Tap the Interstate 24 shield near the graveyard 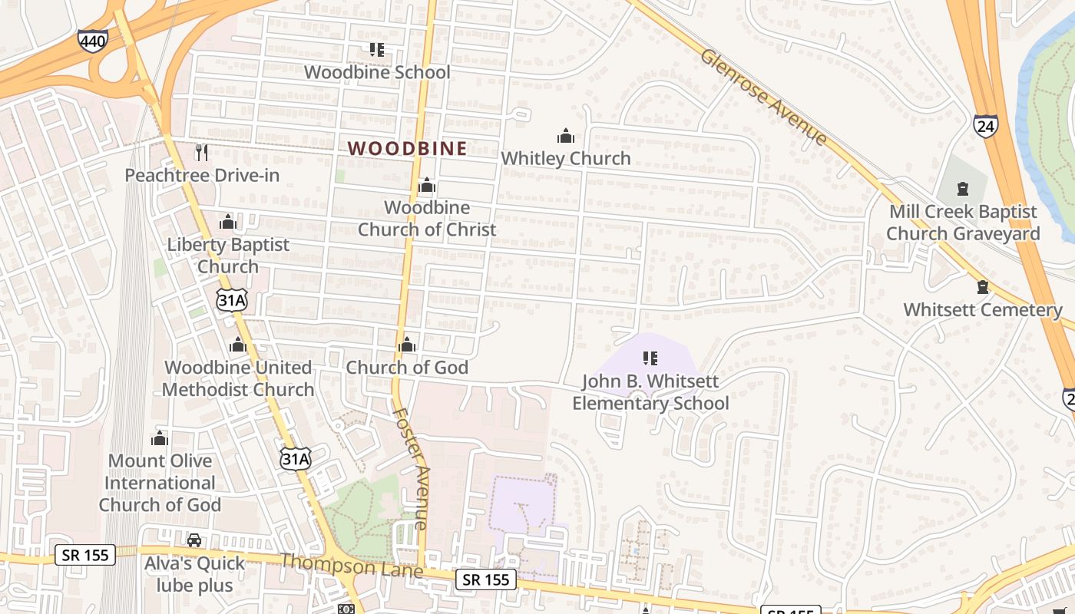985,126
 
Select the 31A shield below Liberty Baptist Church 231,300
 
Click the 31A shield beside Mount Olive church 296,459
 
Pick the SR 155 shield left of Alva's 84,554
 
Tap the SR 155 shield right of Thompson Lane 486,579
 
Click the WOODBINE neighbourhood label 408,149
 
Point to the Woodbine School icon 376,50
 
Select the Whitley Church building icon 566,137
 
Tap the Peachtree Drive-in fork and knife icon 201,153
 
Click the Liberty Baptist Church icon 227,223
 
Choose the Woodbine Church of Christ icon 427,186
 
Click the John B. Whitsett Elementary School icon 650,358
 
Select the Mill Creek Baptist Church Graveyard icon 962,189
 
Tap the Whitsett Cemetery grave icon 982,288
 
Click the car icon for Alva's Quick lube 194,540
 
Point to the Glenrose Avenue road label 764,97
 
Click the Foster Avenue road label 410,467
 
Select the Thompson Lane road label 352,566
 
